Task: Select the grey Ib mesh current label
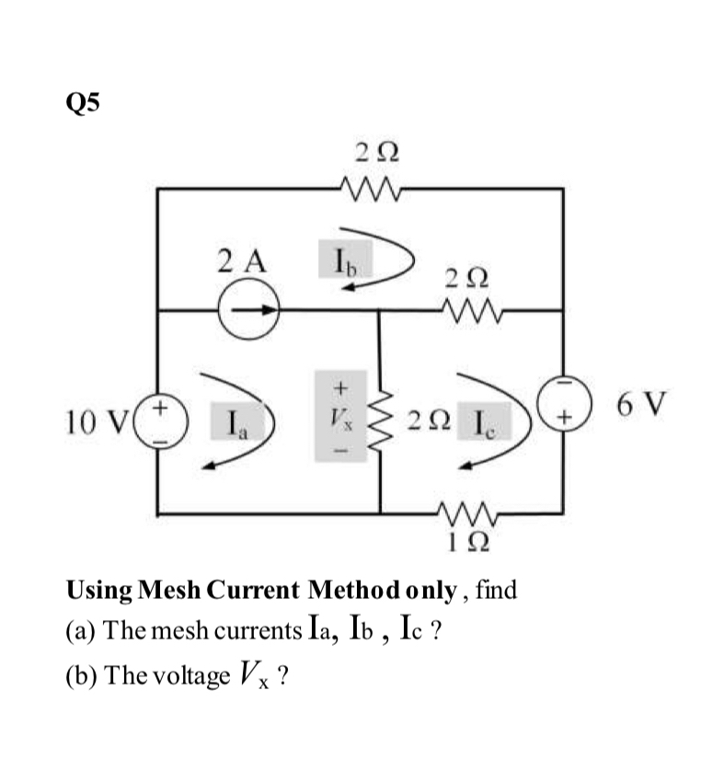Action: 341,259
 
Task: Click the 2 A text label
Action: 242,260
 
